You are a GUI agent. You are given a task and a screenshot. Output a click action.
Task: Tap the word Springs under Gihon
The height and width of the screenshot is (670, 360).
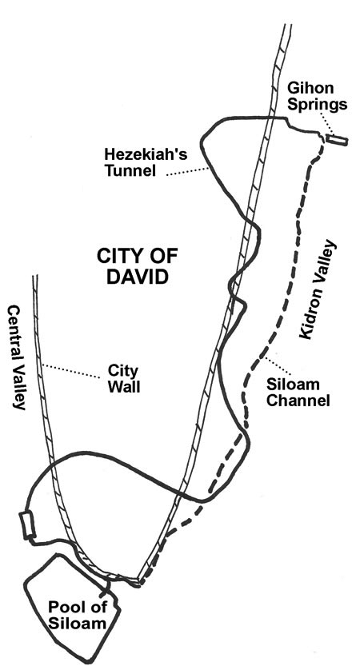[317, 105]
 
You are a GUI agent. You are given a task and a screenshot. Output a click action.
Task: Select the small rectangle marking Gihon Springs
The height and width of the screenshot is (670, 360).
[337, 140]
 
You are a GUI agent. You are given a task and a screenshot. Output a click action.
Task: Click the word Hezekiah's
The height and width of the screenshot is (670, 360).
[146, 154]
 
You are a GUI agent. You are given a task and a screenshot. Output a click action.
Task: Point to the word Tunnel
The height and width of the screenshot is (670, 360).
[130, 170]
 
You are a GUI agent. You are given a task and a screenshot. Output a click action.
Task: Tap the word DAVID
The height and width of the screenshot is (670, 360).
[137, 277]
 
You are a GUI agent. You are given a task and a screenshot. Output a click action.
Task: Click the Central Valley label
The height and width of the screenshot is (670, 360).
[17, 357]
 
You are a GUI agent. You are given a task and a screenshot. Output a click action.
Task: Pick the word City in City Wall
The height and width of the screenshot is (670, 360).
[119, 370]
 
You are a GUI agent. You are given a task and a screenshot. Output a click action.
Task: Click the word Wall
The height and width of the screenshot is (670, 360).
[123, 387]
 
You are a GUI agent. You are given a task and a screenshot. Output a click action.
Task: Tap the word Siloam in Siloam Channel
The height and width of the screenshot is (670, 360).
[293, 384]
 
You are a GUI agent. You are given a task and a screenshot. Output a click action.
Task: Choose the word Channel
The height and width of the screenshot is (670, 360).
[298, 401]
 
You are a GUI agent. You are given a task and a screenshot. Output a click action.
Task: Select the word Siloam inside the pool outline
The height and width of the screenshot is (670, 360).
[77, 623]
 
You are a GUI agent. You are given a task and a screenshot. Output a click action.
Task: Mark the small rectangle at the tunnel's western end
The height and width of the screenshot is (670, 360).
[28, 524]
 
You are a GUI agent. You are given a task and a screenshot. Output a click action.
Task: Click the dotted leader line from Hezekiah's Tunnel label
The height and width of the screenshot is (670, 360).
[187, 172]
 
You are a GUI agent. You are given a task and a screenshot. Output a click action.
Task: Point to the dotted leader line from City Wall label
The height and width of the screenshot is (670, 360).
[70, 371]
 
